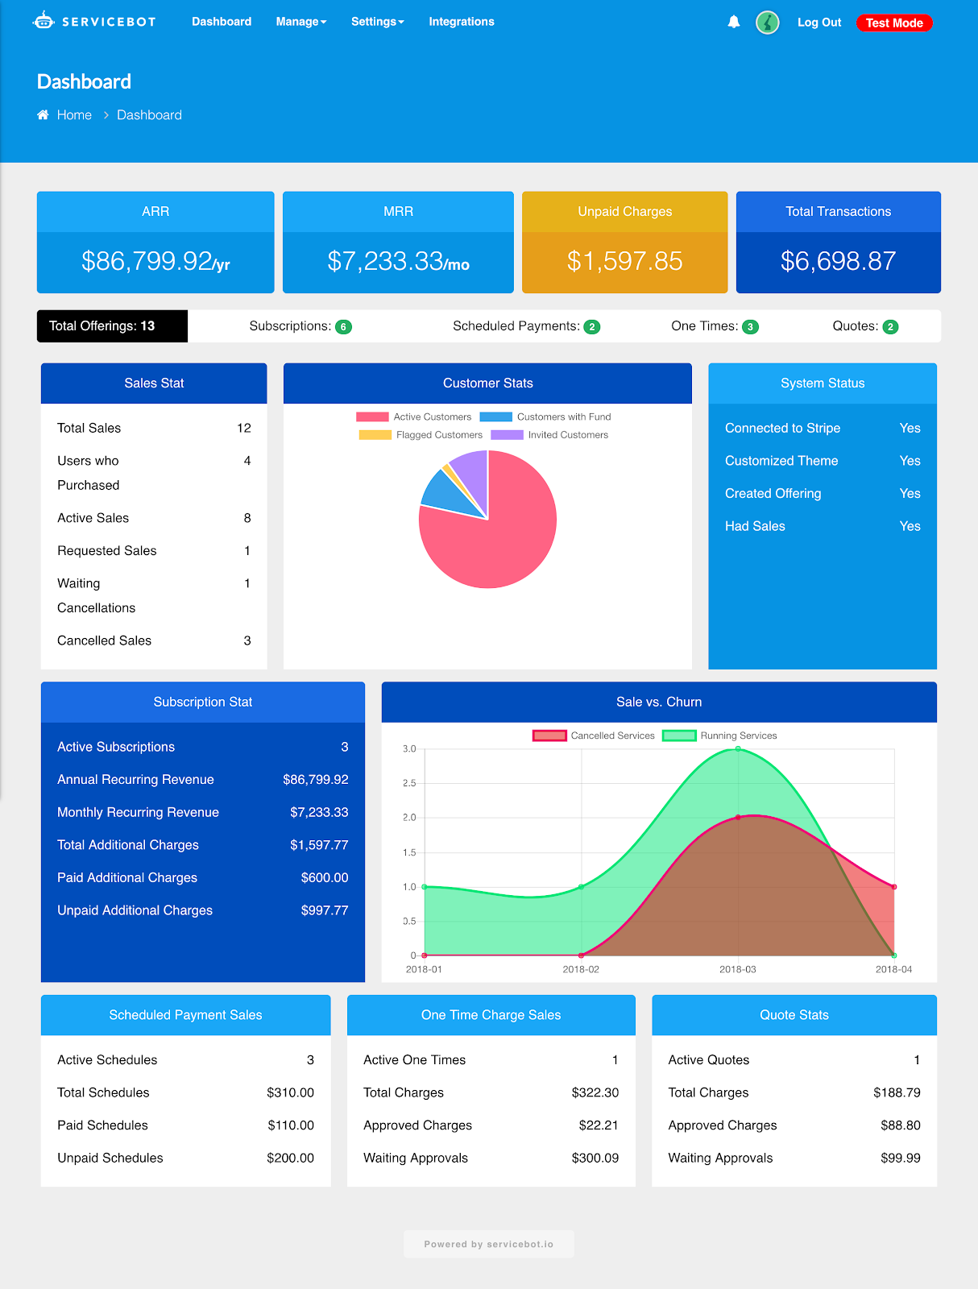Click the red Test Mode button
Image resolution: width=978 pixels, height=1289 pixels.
pos(894,23)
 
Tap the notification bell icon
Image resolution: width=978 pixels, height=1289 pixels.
pos(733,23)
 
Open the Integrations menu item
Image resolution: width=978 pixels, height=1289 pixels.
pos(462,22)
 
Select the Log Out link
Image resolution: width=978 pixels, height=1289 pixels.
pos(819,23)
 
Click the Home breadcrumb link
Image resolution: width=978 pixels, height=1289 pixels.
pos(74,115)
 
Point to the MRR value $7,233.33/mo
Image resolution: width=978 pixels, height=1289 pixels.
pos(398,261)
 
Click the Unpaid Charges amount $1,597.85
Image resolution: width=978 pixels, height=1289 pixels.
pos(624,261)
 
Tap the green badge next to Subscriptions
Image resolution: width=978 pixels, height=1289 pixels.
pos(343,326)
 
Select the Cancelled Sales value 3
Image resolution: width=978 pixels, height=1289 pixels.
pos(247,640)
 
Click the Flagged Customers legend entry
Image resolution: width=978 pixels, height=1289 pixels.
pos(421,435)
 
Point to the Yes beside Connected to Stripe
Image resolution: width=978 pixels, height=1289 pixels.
pos(910,428)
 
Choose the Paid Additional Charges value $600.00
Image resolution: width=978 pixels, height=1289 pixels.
pos(325,877)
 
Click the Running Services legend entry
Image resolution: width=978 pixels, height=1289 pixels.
pos(719,736)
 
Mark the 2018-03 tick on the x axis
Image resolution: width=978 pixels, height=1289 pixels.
pos(738,969)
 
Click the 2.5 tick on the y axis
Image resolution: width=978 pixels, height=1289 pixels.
pos(409,783)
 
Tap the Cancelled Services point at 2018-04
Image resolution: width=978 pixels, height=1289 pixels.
pos(894,887)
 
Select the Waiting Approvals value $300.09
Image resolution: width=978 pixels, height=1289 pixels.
pos(595,1158)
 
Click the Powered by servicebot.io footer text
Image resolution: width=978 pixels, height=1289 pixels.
pos(488,1244)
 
